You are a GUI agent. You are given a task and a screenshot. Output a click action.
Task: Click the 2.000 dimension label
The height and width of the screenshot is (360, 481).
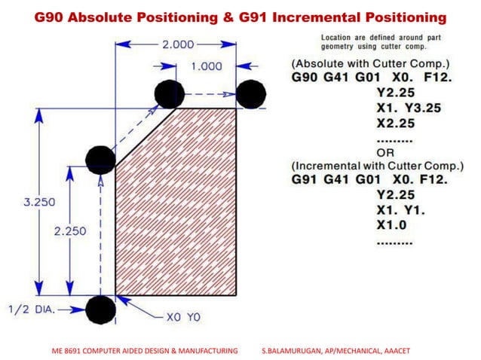[178, 44]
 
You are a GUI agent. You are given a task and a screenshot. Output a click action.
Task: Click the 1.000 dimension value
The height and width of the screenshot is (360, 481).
[206, 66]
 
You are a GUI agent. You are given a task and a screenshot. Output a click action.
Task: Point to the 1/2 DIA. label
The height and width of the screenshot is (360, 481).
[32, 309]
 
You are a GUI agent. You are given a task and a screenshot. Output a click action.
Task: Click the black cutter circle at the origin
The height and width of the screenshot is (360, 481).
[100, 309]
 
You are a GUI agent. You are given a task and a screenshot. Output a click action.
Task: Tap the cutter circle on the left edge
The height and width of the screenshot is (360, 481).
[100, 158]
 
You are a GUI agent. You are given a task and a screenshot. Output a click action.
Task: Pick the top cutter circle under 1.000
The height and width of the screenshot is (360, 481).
[170, 94]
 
